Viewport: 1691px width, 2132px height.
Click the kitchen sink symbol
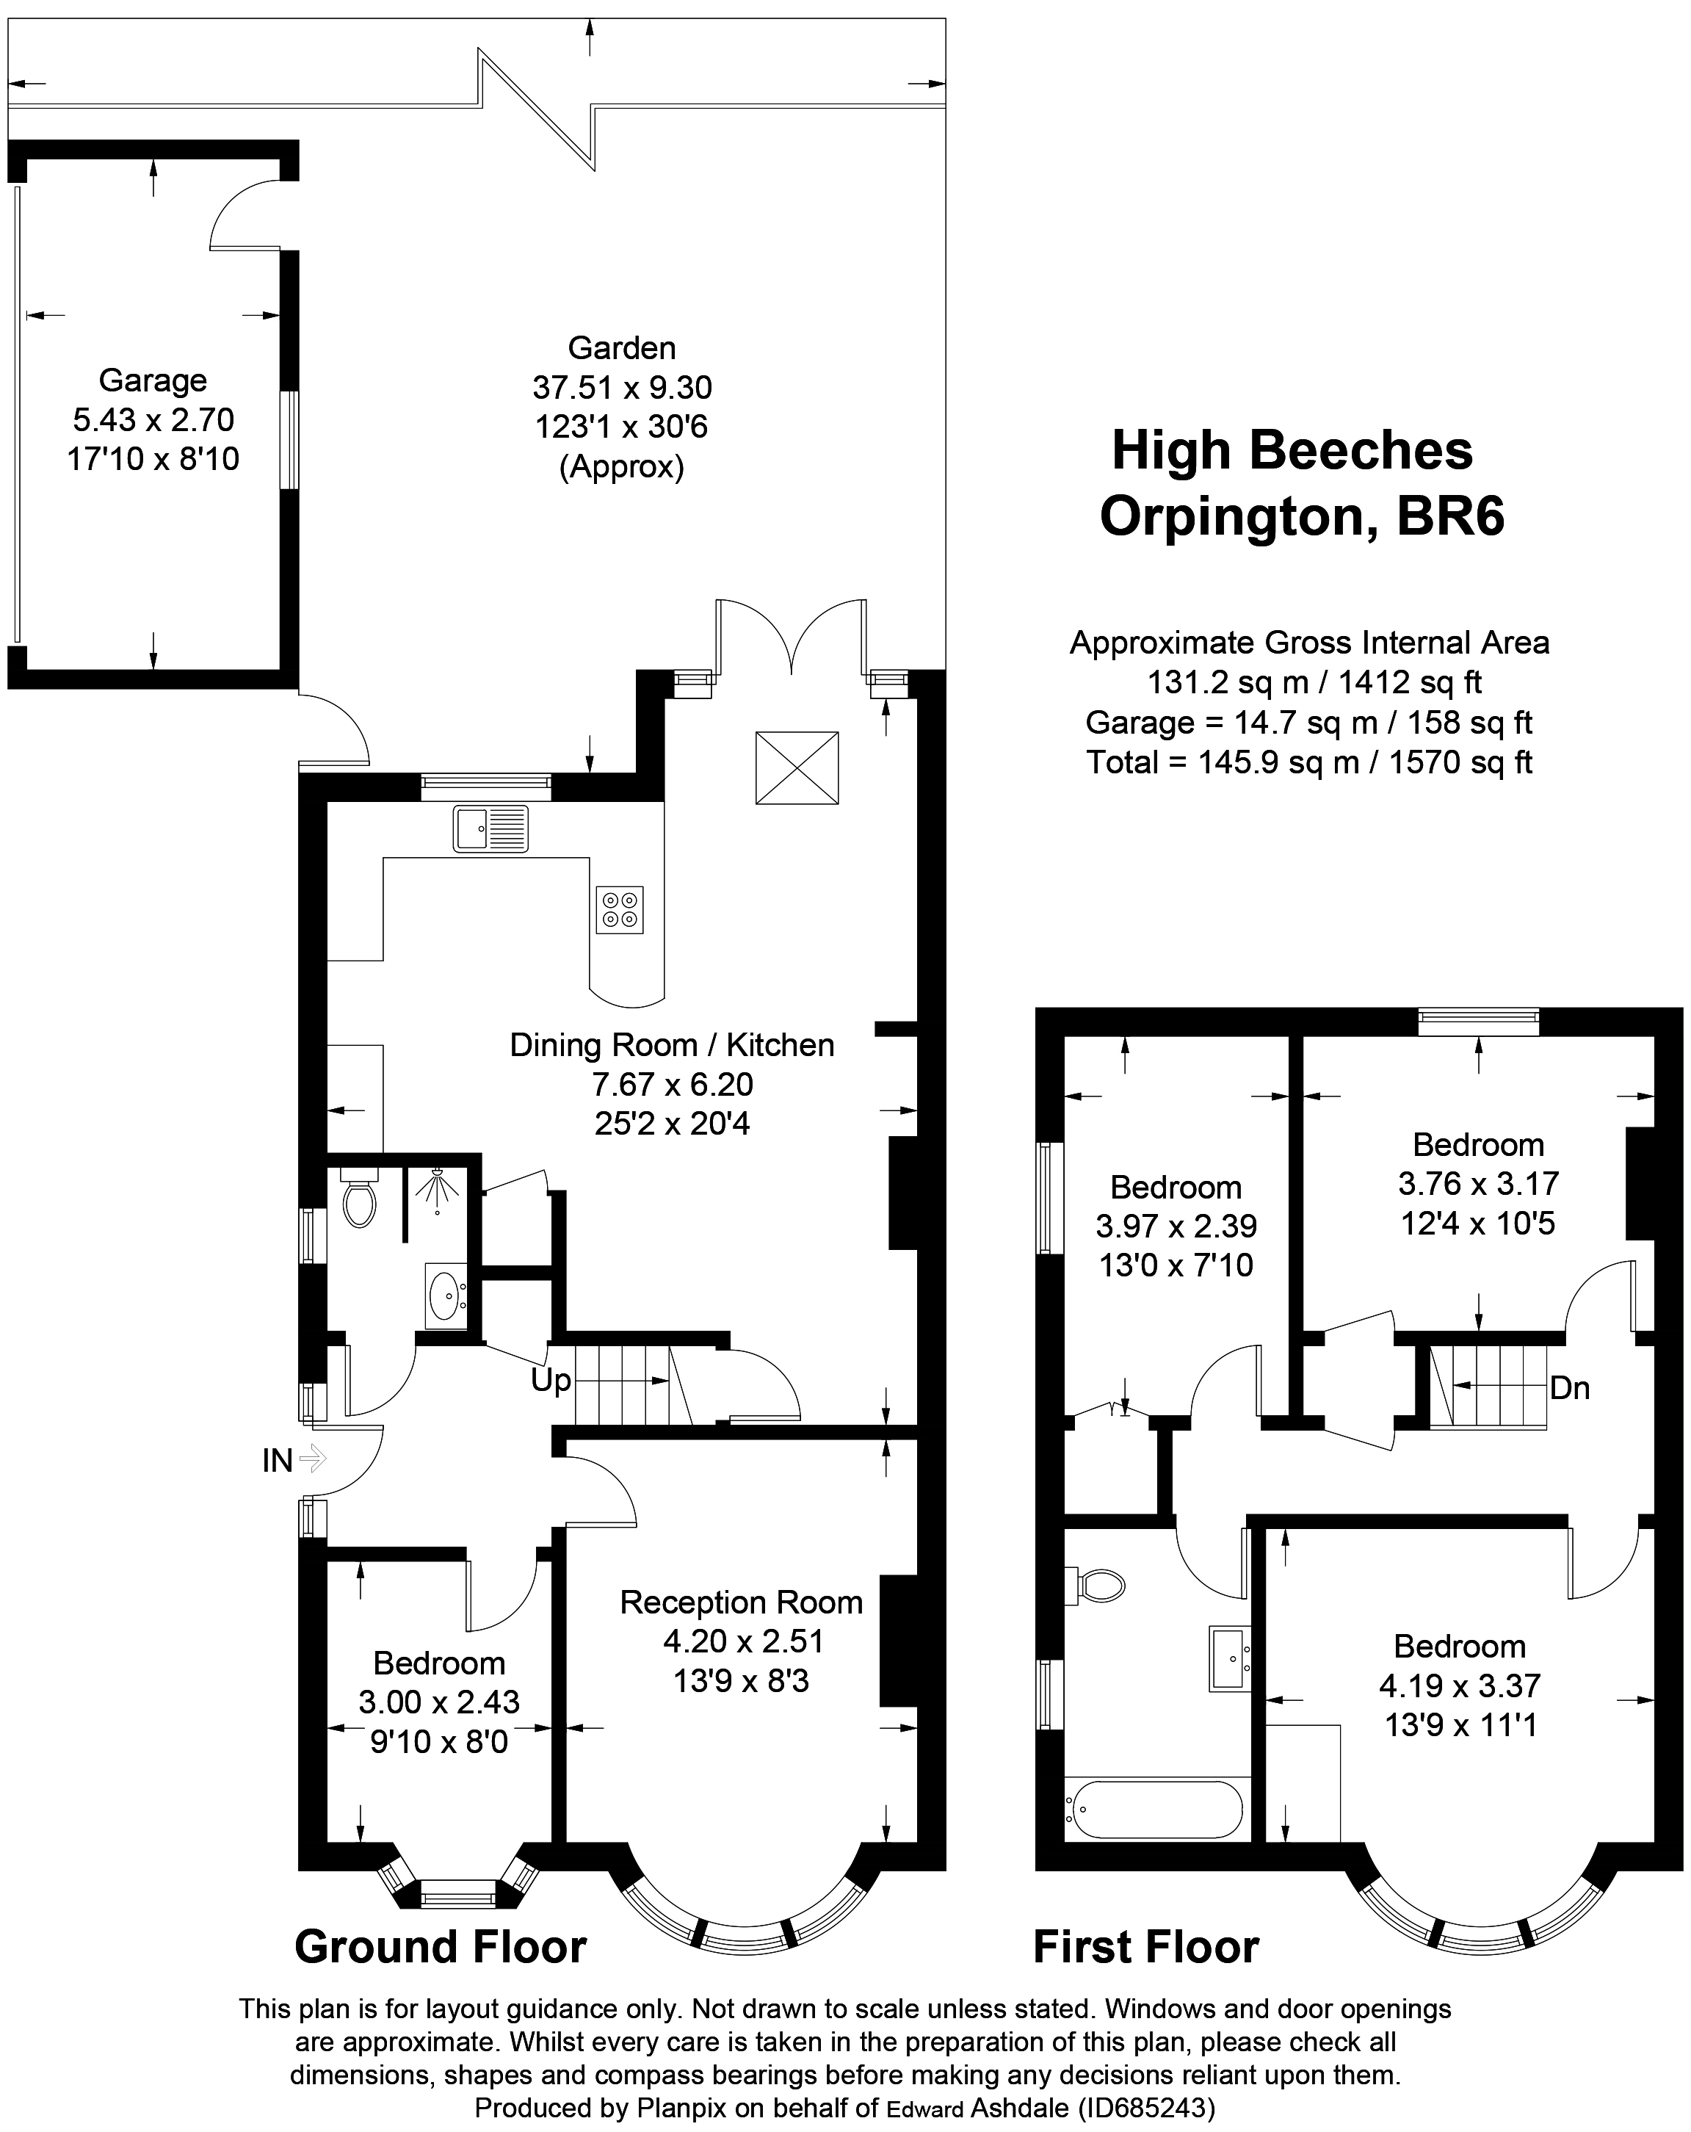click(490, 828)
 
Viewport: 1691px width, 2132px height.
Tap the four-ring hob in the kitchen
click(620, 908)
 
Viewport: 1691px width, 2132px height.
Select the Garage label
click(153, 380)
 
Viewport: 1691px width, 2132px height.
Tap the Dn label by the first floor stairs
click(1569, 1388)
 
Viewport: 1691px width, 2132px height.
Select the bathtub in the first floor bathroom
click(1153, 1810)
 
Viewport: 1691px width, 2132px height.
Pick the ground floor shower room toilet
click(359, 1199)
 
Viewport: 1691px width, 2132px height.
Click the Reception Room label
click(742, 1602)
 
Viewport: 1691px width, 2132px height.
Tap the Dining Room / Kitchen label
click(671, 1044)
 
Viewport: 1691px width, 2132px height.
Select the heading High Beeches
click(1292, 450)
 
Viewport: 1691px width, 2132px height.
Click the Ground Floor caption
click(441, 1946)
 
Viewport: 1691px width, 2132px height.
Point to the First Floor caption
click(1146, 1946)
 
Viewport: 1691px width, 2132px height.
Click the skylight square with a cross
click(797, 767)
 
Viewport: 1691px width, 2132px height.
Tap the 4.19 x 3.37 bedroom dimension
click(1460, 1685)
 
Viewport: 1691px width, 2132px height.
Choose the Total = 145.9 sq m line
click(1309, 762)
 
